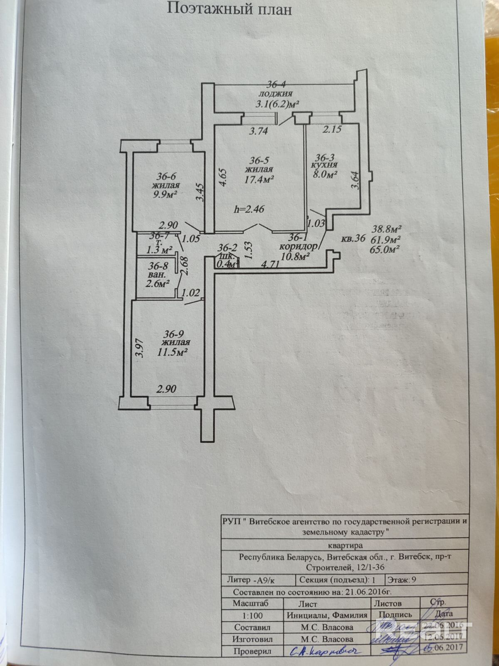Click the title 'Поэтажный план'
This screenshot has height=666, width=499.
[229, 9]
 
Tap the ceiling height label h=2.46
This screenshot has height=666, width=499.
[249, 209]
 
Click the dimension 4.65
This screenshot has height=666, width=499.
[223, 177]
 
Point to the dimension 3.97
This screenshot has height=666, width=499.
[139, 348]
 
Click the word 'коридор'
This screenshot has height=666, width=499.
[298, 246]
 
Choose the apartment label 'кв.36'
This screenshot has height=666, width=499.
[353, 239]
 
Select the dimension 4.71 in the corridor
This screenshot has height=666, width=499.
[272, 264]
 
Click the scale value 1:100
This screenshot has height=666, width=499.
[251, 616]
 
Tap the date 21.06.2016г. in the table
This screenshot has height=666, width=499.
[366, 592]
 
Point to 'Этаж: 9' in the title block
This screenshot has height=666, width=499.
[401, 580]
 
